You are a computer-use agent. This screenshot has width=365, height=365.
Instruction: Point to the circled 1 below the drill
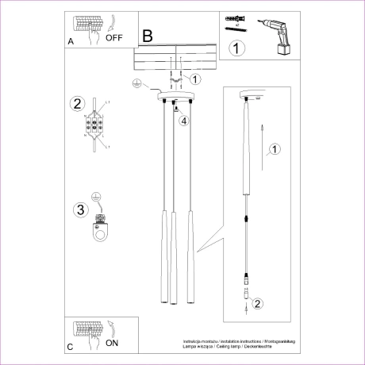237,48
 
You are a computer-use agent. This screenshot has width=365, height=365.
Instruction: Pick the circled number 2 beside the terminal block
77,104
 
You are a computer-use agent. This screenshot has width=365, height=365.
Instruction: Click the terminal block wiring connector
97,125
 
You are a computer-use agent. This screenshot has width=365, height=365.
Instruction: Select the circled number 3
79,210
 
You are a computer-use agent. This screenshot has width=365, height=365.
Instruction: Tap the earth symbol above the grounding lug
97,197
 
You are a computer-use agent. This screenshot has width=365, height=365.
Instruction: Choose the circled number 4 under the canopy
183,121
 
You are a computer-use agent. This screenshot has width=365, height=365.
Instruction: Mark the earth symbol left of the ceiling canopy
136,83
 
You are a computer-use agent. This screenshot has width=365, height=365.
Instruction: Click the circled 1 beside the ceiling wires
196,78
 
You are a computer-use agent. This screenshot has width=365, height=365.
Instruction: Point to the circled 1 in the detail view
275,148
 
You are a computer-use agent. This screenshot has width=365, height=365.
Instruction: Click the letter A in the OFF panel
71,40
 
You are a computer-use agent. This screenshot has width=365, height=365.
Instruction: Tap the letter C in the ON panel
71,348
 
